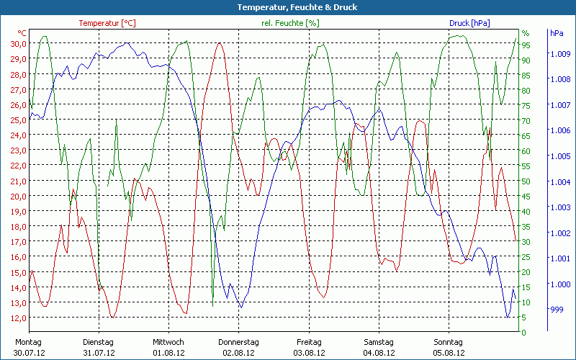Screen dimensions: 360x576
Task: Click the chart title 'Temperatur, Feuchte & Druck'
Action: tap(287, 7)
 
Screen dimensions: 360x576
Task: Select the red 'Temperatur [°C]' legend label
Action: tap(107, 23)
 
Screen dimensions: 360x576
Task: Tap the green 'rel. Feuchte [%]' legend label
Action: tap(290, 23)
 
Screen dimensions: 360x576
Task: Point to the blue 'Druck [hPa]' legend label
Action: tap(469, 23)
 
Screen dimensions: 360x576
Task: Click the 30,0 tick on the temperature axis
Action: tap(18, 44)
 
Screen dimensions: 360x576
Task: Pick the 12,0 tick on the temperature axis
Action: tap(18, 318)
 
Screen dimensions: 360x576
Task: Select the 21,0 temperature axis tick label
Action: tap(18, 181)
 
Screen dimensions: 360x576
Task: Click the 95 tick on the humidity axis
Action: tap(526, 45)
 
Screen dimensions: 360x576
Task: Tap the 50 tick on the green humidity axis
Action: tap(526, 181)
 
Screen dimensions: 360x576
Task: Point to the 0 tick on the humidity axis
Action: tap(524, 333)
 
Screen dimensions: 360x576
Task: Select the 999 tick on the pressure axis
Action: tap(556, 310)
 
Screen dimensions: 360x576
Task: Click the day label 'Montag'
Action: tap(28, 342)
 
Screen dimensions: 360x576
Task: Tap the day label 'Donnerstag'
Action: tap(239, 342)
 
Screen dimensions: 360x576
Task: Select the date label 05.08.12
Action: tap(449, 353)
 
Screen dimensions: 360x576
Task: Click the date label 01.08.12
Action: tap(168, 353)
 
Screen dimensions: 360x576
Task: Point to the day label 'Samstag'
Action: tap(379, 342)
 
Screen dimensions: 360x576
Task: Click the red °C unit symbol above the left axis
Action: tap(22, 33)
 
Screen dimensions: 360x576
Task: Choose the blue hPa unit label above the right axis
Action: tap(557, 33)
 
